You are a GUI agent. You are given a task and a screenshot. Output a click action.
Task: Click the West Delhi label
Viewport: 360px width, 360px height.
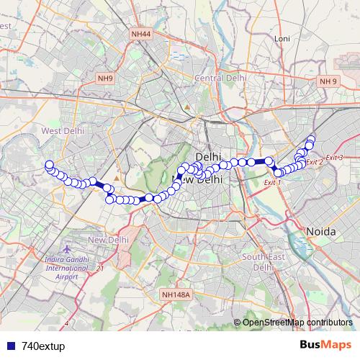point(61,131)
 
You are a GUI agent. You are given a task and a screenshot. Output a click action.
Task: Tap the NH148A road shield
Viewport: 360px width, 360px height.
point(176,294)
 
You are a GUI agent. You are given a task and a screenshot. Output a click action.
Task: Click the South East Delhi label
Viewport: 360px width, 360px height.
point(259,261)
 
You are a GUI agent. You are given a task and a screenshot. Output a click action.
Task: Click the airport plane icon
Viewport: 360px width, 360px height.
point(67,248)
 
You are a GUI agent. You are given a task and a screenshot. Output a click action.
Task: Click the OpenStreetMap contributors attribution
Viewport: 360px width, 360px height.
point(297,322)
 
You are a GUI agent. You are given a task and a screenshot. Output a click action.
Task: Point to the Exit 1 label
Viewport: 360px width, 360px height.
point(272,183)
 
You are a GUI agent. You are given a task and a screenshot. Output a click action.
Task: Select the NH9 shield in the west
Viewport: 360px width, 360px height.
point(105,78)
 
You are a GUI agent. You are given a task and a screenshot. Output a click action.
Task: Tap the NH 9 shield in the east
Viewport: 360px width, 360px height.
point(329,81)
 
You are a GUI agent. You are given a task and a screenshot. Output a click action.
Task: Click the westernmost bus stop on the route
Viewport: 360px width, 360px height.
point(49,165)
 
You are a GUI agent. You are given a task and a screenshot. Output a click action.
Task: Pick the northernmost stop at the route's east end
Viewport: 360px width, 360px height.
point(312,138)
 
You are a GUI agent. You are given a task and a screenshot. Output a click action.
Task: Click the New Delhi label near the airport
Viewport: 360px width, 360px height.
point(108,239)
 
